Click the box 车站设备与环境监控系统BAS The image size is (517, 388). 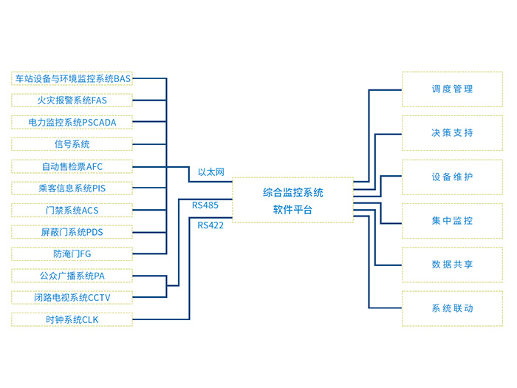coord(72,78)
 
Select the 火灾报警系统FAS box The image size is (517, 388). coord(72,100)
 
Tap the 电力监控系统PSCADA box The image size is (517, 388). coord(72,122)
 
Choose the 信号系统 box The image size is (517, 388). coord(72,143)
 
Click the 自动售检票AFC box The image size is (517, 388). coord(72,166)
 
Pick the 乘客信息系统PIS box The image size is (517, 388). coord(72,188)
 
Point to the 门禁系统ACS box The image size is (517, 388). coord(72,210)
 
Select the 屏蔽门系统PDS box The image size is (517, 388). coord(72,232)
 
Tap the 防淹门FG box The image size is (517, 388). coord(72,253)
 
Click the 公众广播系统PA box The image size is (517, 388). coord(72,276)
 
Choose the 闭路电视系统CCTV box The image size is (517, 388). coord(72,298)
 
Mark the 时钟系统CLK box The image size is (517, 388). coord(72,319)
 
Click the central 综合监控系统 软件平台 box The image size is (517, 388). coord(292,200)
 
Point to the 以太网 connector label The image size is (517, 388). coord(210,172)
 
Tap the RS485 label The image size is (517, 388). coord(205,205)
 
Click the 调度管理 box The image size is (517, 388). coord(452,89)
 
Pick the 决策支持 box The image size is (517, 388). coord(452,133)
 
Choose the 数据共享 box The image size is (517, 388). coord(452,264)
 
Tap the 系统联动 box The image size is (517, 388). coord(452,308)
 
